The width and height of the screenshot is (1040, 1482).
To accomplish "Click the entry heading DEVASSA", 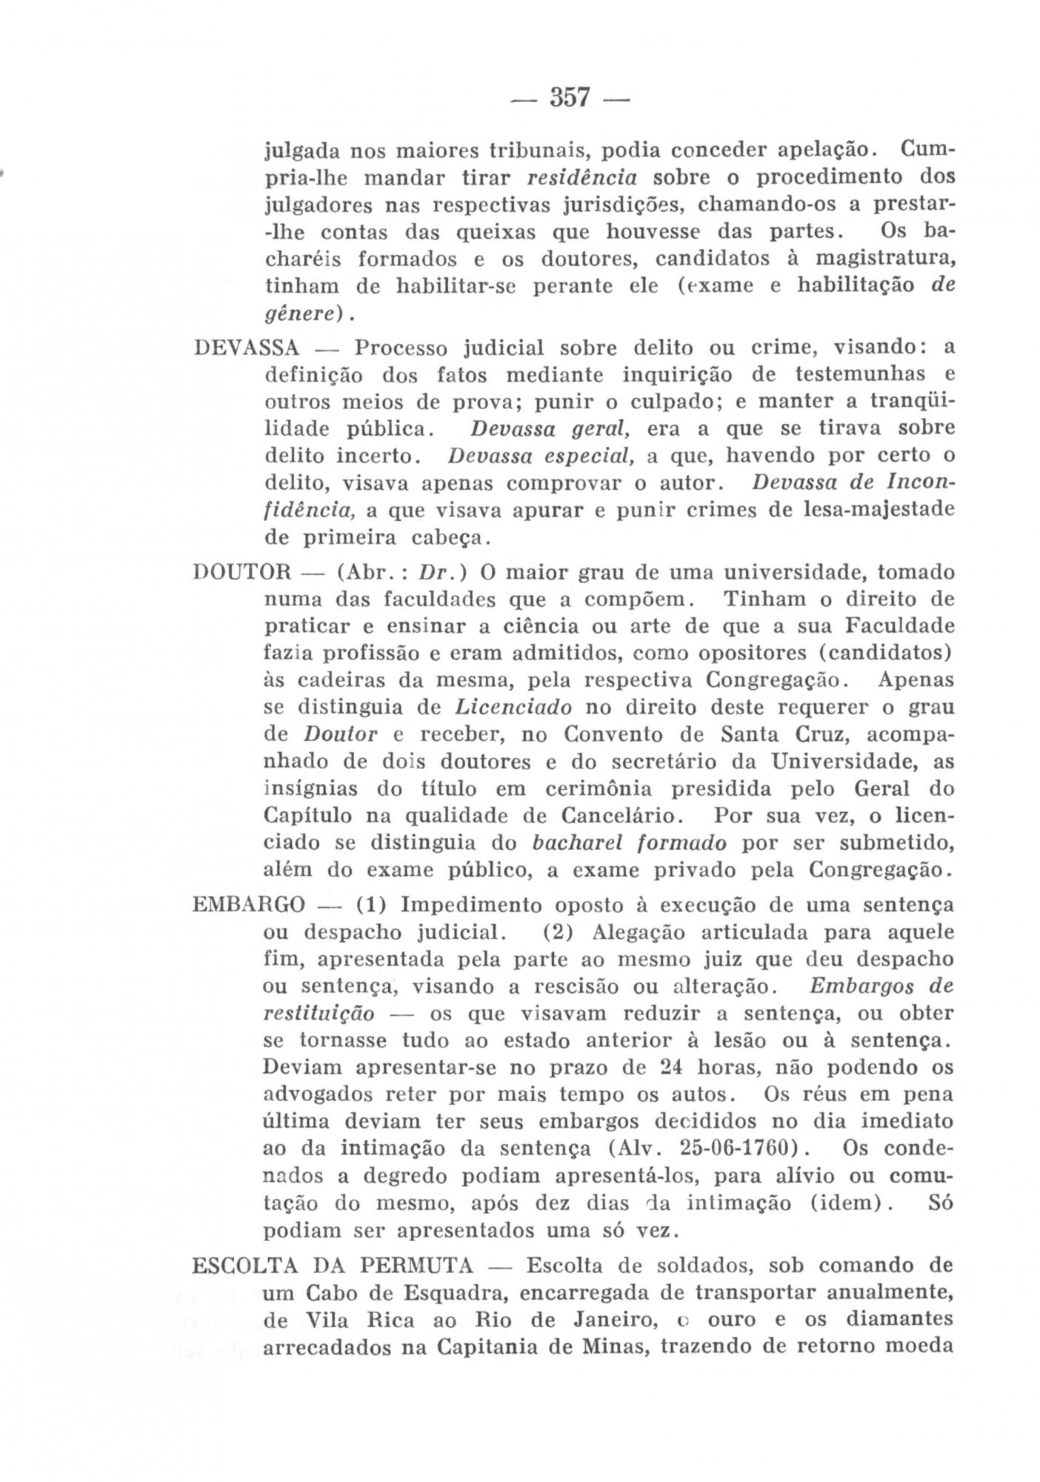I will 246,348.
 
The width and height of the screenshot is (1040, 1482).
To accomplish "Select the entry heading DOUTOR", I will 242,573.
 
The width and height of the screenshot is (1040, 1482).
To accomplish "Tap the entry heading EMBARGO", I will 248,905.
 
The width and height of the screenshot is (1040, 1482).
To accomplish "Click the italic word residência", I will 581,177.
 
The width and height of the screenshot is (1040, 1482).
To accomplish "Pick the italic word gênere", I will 298,315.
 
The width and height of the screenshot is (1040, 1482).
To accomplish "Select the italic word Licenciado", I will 513,707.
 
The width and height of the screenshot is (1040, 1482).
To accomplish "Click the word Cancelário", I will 619,816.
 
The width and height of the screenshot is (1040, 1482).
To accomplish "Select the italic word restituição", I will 319,1013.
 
